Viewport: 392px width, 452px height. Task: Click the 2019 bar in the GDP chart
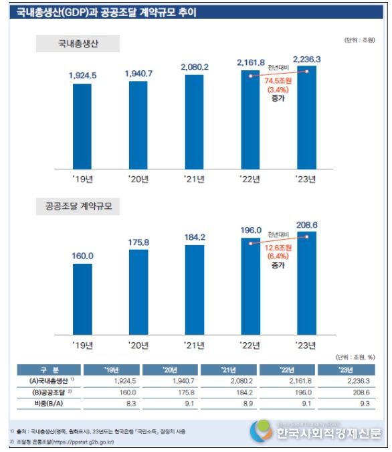point(82,126)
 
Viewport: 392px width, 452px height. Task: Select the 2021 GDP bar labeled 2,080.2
point(194,121)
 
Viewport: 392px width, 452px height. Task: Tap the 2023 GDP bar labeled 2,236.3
point(306,117)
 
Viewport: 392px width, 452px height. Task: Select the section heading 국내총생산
point(78,44)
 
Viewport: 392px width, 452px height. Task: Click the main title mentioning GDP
point(106,13)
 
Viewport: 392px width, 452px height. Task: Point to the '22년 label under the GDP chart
point(250,179)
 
